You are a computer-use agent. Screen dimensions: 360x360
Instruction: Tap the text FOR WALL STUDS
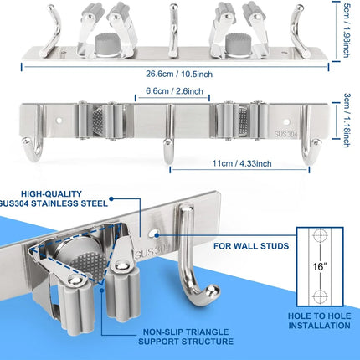coord(250,246)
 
